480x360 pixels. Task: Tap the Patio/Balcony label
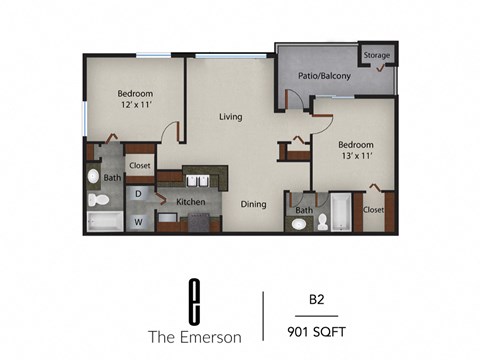321,76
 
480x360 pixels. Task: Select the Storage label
377,55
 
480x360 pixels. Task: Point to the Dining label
253,205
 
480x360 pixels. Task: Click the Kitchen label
191,202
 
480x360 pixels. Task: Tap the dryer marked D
139,193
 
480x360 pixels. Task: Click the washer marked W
139,219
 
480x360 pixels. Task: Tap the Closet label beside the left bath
139,166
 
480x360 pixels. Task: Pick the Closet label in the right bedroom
374,210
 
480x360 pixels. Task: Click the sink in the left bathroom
94,177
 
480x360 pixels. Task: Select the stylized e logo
195,296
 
